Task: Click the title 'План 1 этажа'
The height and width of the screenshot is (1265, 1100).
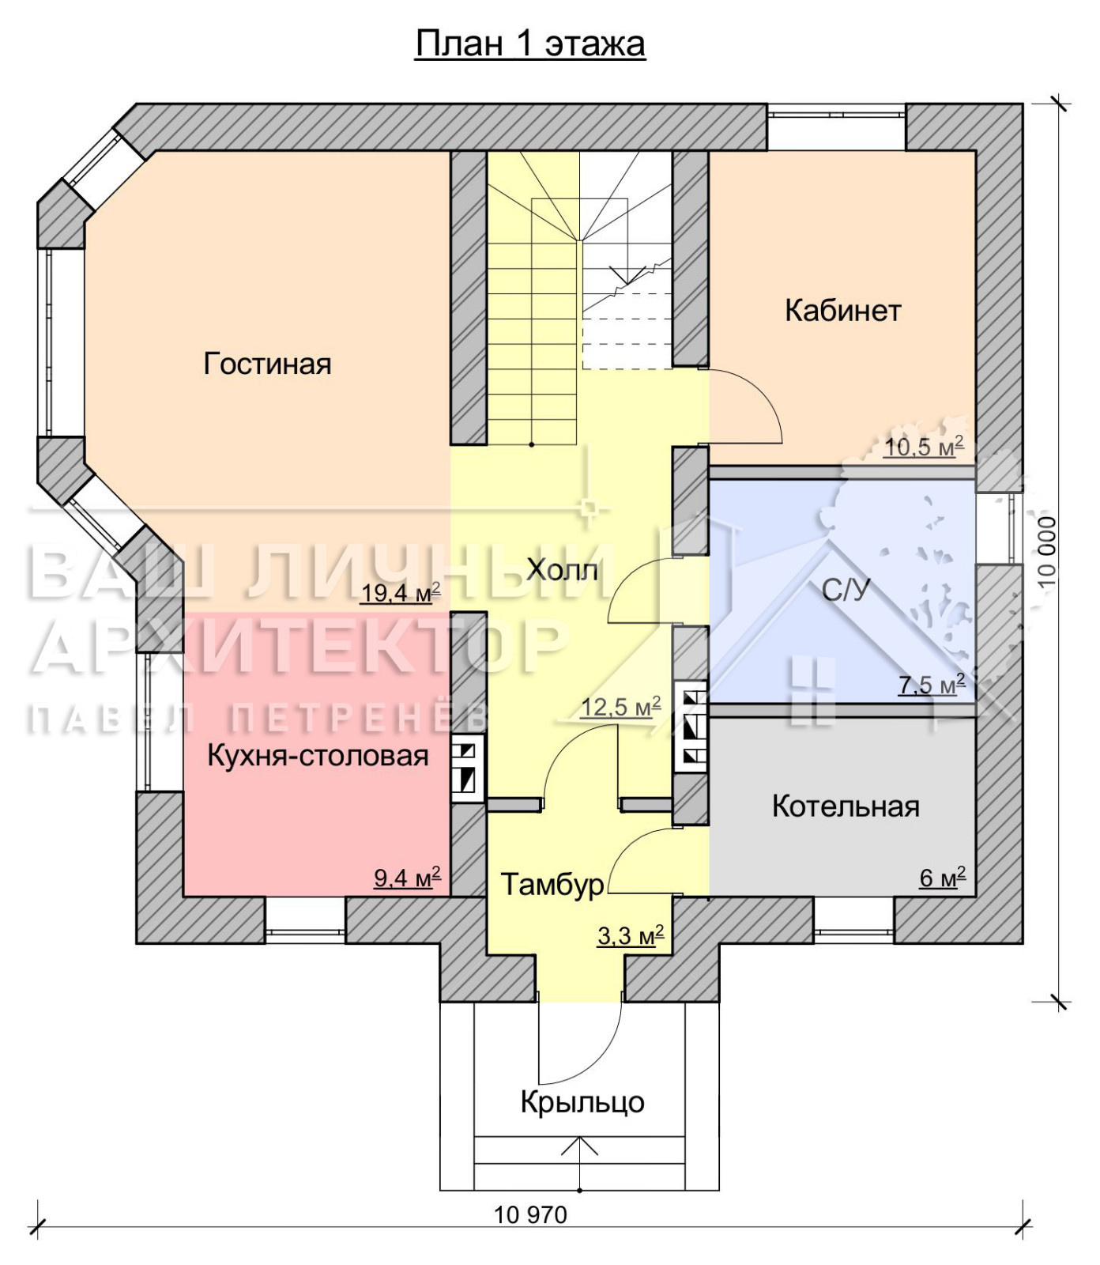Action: coord(530,44)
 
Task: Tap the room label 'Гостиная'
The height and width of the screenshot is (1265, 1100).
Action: coord(267,364)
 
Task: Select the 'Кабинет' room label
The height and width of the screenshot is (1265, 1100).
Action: coord(842,310)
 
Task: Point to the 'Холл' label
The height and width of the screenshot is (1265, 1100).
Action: coord(562,569)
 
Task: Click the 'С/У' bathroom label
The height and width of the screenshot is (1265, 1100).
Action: coord(846,590)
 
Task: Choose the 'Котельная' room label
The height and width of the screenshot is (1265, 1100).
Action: coord(846,806)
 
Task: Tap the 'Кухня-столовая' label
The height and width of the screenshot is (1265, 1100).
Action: coord(318,756)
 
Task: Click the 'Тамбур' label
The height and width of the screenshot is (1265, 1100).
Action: coord(552,884)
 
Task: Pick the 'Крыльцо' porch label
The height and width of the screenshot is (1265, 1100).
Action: coord(582,1101)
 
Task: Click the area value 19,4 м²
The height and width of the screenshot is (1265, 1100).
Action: coord(401,593)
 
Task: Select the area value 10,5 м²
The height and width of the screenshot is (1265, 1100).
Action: coord(924,447)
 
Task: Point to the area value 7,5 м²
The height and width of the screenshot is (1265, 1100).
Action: coord(932,684)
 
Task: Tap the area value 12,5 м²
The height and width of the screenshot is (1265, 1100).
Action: coord(620,707)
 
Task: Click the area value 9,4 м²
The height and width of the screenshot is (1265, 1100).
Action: coord(407,878)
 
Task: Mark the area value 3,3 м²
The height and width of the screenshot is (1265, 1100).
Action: coord(630,936)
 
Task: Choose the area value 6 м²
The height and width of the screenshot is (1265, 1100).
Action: coord(943,878)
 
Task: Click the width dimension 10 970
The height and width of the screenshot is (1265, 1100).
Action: coord(531,1214)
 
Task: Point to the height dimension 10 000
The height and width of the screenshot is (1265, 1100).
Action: coord(1046,552)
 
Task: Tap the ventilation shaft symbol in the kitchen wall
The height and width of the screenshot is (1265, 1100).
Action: coord(467,770)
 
